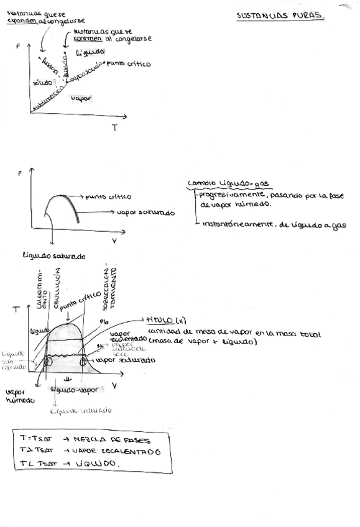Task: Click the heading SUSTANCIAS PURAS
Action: tap(280, 16)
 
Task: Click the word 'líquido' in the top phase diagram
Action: tap(90, 52)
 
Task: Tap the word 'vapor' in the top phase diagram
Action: tap(81, 98)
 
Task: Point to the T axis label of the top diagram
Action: tap(114, 128)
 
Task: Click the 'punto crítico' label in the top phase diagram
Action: tap(128, 63)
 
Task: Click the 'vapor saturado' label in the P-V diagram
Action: tap(145, 212)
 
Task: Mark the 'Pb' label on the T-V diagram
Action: tap(104, 321)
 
